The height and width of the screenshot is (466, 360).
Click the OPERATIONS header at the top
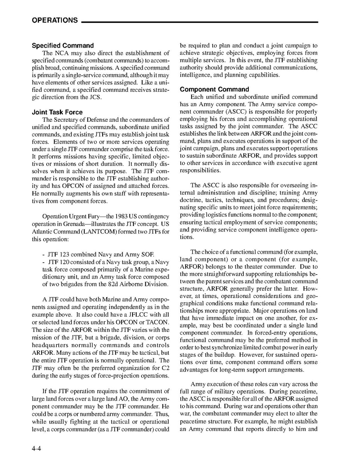coord(55,21)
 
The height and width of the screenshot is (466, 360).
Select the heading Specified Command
coord(63,46)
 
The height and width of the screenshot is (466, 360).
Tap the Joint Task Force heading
coord(57,112)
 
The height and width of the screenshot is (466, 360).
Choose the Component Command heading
coord(214,89)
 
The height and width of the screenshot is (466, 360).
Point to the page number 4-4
coord(37,448)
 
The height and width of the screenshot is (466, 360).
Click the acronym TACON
coord(159,322)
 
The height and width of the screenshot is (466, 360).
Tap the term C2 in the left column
coord(165,367)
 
